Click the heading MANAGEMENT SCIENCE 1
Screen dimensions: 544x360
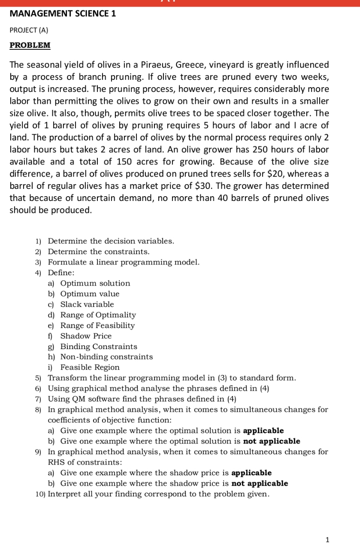(x=63, y=13)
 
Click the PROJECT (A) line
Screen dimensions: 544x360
(x=29, y=30)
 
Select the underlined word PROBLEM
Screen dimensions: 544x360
(x=30, y=45)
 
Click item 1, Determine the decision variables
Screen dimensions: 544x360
(x=111, y=241)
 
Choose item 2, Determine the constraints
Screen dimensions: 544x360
(x=99, y=252)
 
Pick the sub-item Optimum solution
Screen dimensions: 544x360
(x=95, y=283)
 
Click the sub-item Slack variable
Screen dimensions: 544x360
(x=87, y=304)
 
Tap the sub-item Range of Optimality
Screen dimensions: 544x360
(x=98, y=315)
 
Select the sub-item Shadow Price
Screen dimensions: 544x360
(x=86, y=336)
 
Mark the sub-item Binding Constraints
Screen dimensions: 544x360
(x=99, y=346)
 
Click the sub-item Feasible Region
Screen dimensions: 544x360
(x=90, y=368)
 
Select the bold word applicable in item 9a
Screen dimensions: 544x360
(x=251, y=473)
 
